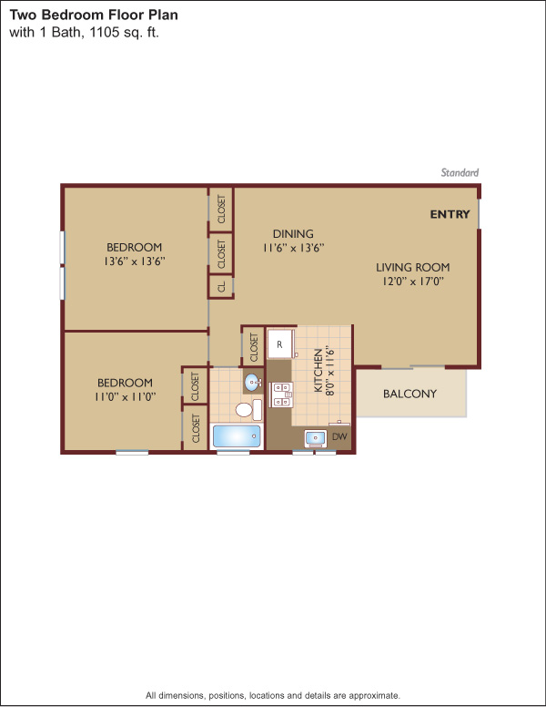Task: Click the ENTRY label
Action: tap(450, 214)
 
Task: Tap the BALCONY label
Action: tap(409, 394)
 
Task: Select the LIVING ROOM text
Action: tap(412, 267)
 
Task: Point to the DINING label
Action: tap(293, 233)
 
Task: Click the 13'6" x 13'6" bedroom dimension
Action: tap(135, 261)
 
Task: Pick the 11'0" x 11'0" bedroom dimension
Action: tap(126, 397)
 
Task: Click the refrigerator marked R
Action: tap(280, 344)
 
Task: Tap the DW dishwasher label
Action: tap(339, 436)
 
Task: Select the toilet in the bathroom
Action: tap(248, 409)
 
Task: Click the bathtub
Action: tap(237, 436)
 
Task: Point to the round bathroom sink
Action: tap(252, 383)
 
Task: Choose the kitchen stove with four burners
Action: tap(281, 394)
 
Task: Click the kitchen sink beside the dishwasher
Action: tap(316, 438)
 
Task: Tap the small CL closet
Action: tap(221, 287)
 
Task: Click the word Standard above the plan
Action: tap(460, 172)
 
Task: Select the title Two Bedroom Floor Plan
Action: tap(94, 15)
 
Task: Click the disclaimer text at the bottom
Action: tap(273, 695)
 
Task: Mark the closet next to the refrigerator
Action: tap(254, 347)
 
